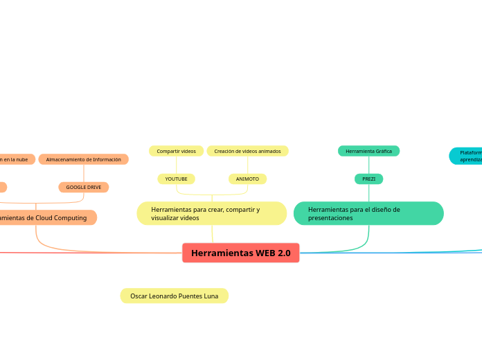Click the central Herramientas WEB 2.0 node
point(240,253)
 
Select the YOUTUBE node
point(176,179)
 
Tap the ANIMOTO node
point(247,179)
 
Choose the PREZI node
point(368,179)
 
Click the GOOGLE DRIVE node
point(84,187)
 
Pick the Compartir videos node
point(176,151)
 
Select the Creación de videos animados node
point(247,151)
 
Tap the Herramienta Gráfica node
point(368,151)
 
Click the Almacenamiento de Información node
point(83,159)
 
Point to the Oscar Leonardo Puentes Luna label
point(174,296)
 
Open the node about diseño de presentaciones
point(368,213)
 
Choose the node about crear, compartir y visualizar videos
point(211,213)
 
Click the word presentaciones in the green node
point(330,218)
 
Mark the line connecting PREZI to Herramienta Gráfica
point(368,165)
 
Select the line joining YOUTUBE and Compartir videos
point(176,165)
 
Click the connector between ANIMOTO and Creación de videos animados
point(247,165)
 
